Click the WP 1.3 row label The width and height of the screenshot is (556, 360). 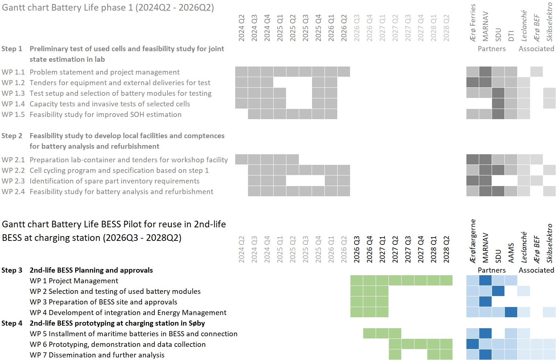(x=13, y=93)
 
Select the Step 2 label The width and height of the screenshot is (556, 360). (x=12, y=136)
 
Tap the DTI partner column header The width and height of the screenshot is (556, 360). (x=511, y=35)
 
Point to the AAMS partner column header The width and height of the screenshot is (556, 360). (x=511, y=253)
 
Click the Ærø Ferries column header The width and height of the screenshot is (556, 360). (x=473, y=23)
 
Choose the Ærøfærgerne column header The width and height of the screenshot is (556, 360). (x=473, y=241)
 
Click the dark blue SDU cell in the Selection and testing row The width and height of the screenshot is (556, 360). (x=498, y=291)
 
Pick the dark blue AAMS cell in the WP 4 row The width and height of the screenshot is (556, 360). (x=511, y=312)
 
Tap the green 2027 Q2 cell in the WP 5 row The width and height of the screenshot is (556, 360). (x=395, y=333)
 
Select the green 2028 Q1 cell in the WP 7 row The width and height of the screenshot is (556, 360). (x=433, y=355)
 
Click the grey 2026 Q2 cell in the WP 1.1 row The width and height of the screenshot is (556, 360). (x=344, y=72)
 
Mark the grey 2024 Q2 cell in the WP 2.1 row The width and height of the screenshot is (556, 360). (x=241, y=159)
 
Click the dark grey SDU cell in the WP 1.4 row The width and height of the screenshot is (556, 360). (x=498, y=104)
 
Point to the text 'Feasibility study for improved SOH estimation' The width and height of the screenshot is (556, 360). (x=105, y=114)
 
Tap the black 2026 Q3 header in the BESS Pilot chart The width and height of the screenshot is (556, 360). (x=357, y=249)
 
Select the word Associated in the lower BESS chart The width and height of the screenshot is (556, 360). (x=536, y=270)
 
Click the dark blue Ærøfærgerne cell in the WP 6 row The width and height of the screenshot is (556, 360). (x=473, y=344)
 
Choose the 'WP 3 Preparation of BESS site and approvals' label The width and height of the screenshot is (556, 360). (x=104, y=302)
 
